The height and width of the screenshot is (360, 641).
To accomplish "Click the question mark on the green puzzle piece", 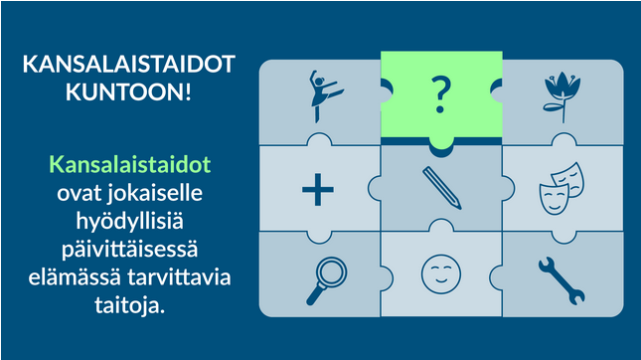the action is [441, 95].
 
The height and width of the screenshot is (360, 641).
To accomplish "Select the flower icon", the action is [562, 96].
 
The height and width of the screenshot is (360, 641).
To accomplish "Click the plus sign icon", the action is [318, 189].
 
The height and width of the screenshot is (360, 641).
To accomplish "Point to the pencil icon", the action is [442, 188].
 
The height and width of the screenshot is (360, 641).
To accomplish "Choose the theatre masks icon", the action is [561, 189].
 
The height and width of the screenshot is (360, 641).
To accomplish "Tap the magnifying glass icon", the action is [327, 280].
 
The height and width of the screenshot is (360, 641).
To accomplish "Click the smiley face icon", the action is [441, 274].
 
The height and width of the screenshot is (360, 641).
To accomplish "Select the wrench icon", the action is [561, 281].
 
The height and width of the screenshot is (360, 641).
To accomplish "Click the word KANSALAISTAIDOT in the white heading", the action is [129, 65].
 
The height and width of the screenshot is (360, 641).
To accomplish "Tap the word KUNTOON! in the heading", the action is [128, 91].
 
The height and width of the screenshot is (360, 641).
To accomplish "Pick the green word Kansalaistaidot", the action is [130, 164].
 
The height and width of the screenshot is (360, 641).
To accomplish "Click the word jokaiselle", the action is [155, 193].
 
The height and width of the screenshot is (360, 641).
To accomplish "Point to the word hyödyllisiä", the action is [129, 222].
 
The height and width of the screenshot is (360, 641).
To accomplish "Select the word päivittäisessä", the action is [130, 249].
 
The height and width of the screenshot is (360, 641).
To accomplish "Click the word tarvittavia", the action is [179, 277].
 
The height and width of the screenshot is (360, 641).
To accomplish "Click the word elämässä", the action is [75, 277].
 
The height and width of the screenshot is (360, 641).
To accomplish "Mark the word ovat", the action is [80, 194].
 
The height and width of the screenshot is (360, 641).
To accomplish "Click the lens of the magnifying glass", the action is [332, 271].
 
